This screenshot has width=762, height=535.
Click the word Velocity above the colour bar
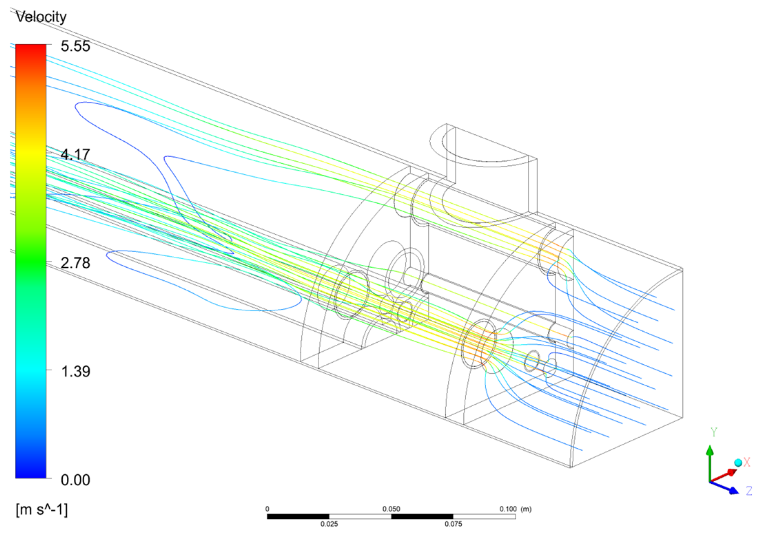click(x=41, y=17)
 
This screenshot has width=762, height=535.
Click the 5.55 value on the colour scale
click(x=75, y=46)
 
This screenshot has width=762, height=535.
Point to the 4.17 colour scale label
click(x=75, y=154)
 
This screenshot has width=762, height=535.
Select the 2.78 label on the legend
click(x=75, y=263)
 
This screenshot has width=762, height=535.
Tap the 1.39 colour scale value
click(x=75, y=371)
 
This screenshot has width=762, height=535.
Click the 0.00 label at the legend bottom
click(x=75, y=480)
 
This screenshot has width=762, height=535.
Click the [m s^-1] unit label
click(x=42, y=510)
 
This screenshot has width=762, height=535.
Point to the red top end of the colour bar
click(x=31, y=46)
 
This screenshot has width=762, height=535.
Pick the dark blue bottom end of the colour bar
click(x=31, y=476)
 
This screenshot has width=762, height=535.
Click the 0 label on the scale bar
click(x=267, y=509)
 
